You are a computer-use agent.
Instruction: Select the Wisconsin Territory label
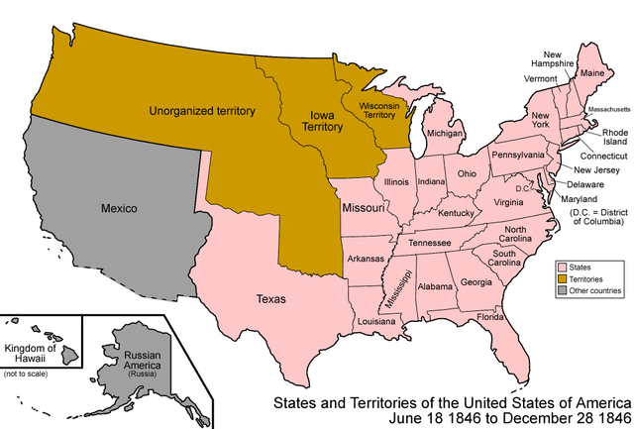[378, 109]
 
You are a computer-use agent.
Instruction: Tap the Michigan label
[445, 133]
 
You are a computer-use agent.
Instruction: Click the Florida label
[491, 317]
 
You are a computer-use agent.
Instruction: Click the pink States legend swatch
[561, 268]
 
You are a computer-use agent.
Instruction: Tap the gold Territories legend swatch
[561, 280]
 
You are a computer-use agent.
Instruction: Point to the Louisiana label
[377, 322]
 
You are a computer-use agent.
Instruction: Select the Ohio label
[466, 173]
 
